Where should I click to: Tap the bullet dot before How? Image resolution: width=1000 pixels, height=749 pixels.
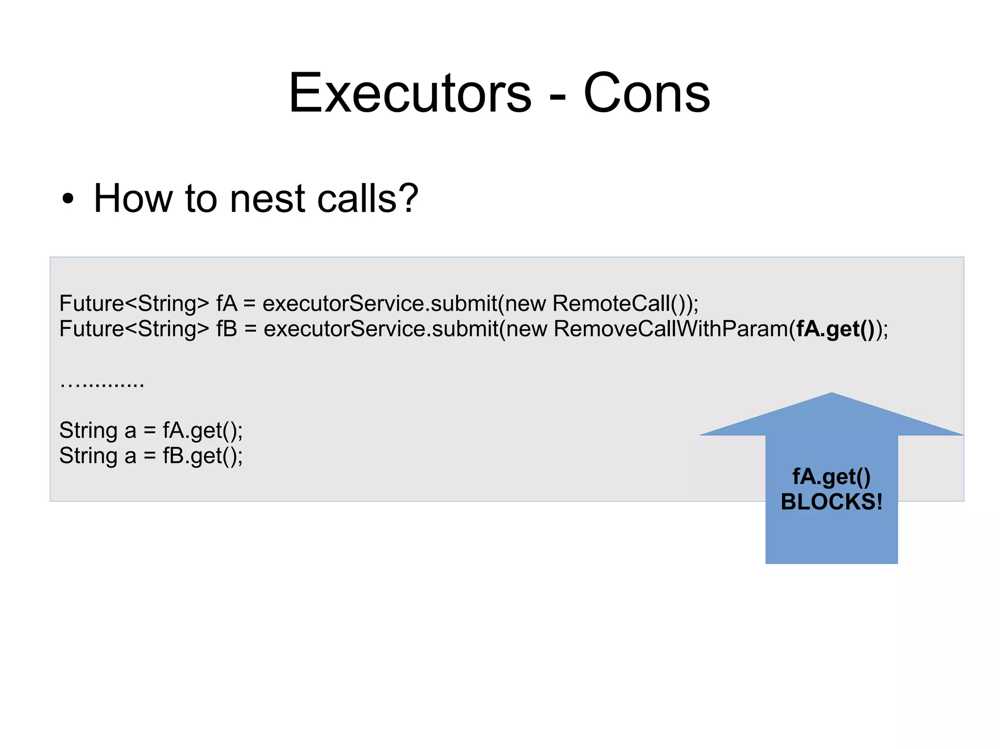coord(68,199)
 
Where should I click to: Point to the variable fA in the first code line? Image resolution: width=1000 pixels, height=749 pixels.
coord(227,304)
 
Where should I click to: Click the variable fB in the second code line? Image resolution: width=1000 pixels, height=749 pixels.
coord(227,329)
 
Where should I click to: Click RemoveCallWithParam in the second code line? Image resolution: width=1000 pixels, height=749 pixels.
coord(671,329)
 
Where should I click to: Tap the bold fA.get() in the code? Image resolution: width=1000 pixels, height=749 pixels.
coord(835,329)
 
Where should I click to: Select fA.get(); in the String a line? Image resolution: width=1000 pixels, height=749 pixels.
coord(203,431)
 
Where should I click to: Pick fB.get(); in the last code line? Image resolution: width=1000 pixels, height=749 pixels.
coord(203,456)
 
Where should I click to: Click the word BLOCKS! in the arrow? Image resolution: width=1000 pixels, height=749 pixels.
coord(832,502)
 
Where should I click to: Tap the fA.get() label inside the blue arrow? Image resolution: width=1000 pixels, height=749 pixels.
coord(832,477)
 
